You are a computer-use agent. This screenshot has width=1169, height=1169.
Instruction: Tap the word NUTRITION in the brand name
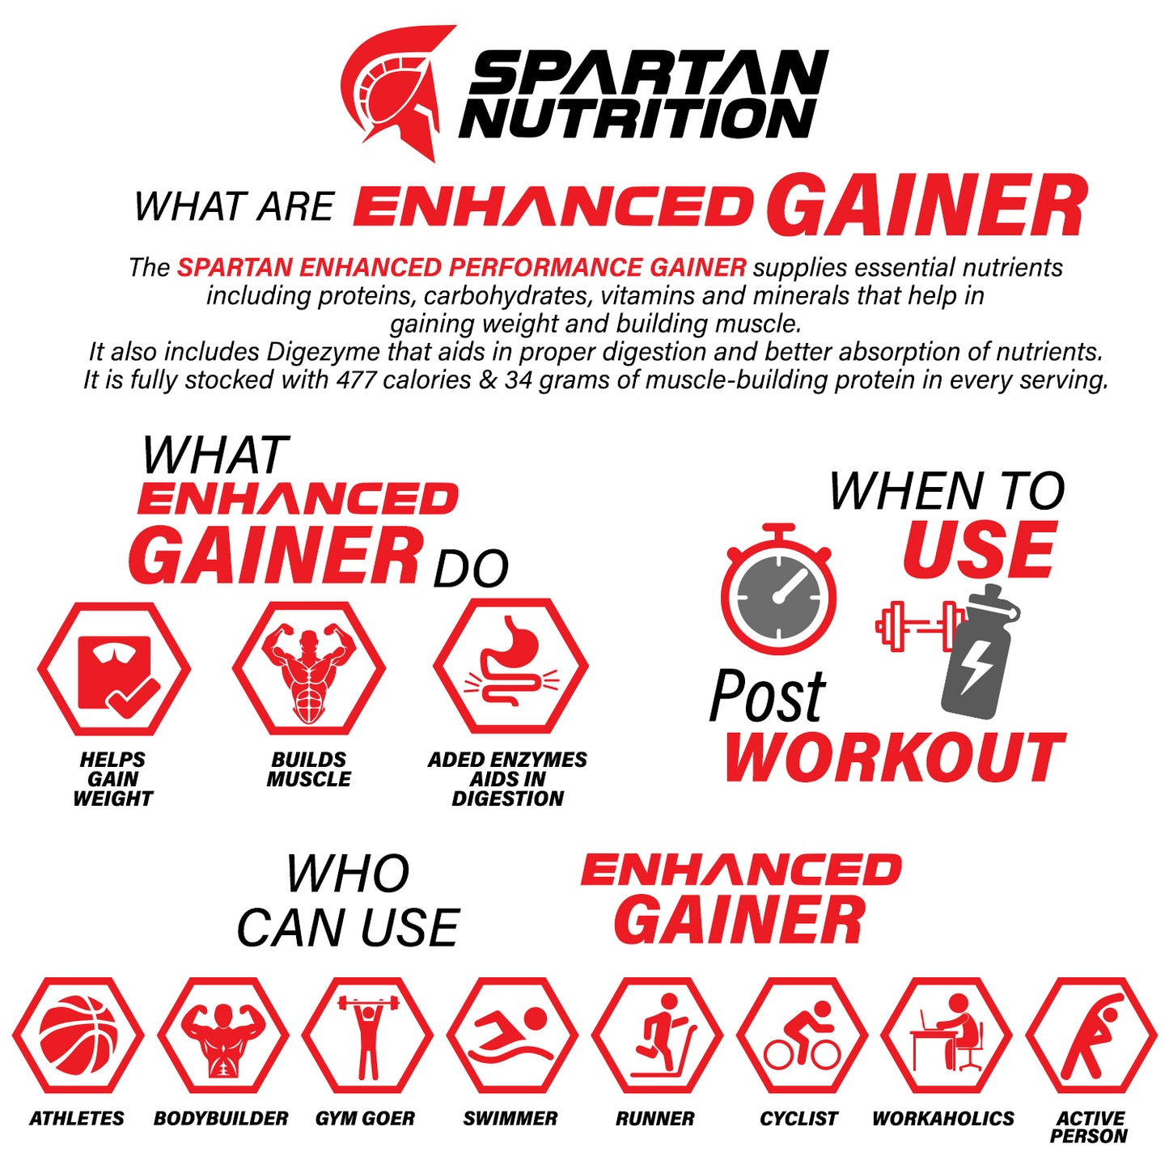click(637, 118)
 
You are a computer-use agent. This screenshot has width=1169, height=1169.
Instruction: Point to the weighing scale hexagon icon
click(115, 669)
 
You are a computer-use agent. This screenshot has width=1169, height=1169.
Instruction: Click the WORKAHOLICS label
click(943, 1119)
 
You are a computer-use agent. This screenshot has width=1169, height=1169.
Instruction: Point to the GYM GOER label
click(365, 1119)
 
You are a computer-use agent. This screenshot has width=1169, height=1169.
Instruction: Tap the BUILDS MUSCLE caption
click(309, 769)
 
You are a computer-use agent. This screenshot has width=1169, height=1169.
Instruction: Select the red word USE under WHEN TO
click(978, 550)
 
